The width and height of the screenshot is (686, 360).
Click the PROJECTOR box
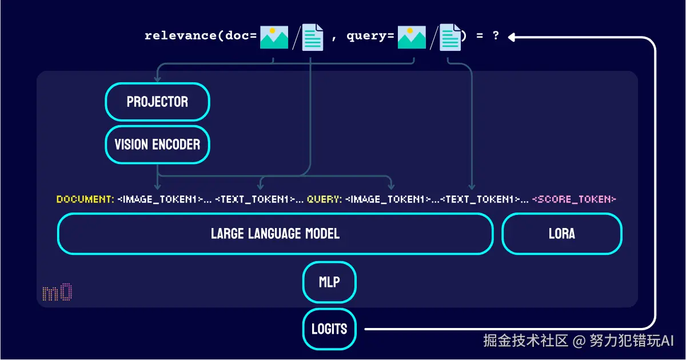(x=157, y=102)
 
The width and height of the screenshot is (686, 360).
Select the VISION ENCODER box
(x=157, y=144)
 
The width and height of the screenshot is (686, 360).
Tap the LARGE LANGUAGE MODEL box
(x=276, y=234)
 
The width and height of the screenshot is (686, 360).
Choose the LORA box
(x=562, y=234)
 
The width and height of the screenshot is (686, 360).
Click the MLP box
(x=329, y=282)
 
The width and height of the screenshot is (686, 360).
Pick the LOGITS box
(x=329, y=329)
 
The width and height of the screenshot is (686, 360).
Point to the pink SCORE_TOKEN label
(x=574, y=199)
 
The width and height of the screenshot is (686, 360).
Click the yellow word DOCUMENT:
(x=85, y=199)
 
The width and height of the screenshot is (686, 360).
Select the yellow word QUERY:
(x=324, y=199)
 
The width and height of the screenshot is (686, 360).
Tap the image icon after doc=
(x=274, y=37)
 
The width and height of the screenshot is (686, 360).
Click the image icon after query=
(x=412, y=37)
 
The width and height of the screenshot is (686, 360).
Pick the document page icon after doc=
(x=313, y=37)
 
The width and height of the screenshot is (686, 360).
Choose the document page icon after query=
(x=450, y=37)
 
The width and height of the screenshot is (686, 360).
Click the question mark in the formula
(x=496, y=35)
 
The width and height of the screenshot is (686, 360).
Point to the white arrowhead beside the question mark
(x=512, y=37)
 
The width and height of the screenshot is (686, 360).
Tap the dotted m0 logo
(x=57, y=292)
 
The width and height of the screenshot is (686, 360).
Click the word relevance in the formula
(x=181, y=35)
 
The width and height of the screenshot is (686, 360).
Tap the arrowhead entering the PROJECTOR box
(x=157, y=79)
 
